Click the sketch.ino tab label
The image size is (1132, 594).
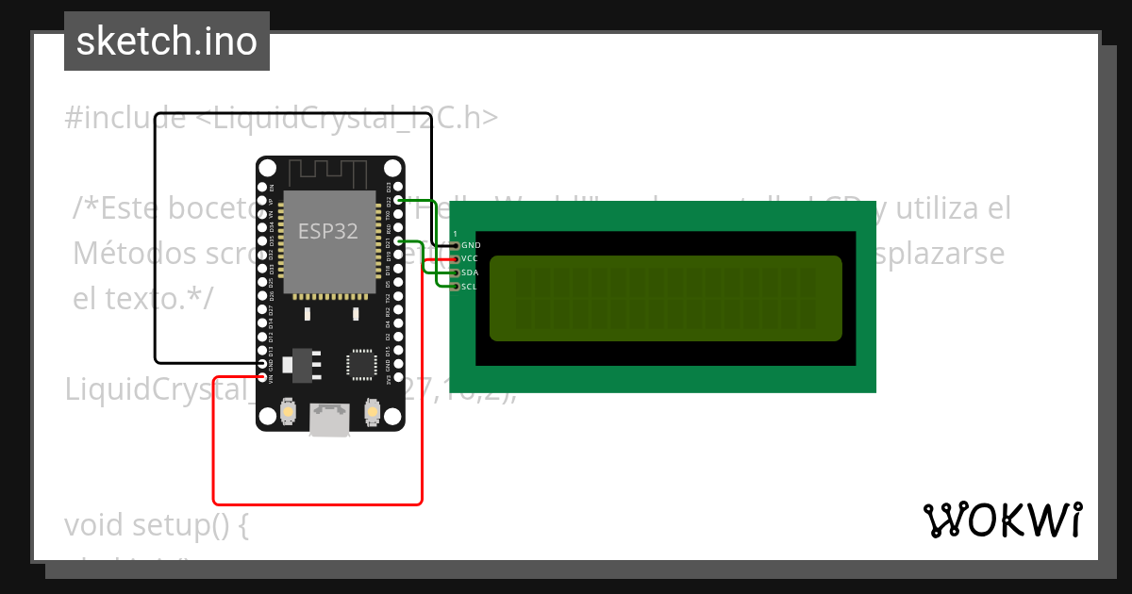click(x=167, y=41)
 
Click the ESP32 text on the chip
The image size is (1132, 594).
click(x=328, y=231)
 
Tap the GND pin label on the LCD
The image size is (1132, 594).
click(x=471, y=245)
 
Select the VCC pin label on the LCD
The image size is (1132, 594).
click(x=470, y=258)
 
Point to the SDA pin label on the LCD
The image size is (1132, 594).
click(x=470, y=272)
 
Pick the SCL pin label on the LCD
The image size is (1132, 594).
click(x=470, y=286)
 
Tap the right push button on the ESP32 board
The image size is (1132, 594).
click(x=372, y=412)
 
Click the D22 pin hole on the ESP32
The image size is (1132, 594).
click(x=398, y=201)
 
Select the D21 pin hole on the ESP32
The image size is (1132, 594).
click(x=398, y=242)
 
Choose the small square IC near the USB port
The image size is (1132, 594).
click(x=360, y=365)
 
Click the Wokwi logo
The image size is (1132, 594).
click(x=1002, y=520)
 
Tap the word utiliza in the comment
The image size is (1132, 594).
click(x=953, y=207)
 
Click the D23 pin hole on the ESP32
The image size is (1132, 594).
click(x=398, y=187)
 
